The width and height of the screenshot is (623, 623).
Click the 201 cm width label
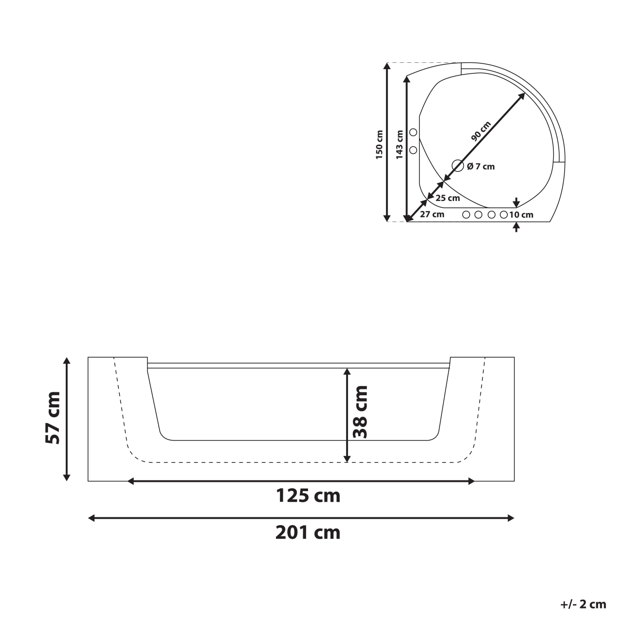tap(308, 532)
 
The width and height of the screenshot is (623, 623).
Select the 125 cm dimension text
tap(308, 496)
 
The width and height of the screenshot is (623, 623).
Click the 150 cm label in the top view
tap(380, 145)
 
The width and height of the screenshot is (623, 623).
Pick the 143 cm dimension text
tap(399, 145)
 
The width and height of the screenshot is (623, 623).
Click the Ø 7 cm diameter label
tap(480, 166)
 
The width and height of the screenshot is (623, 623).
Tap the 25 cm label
tap(447, 198)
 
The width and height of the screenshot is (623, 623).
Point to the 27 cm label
tap(432, 214)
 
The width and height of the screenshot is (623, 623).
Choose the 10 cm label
tap(521, 215)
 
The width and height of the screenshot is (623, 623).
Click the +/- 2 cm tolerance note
tap(583, 605)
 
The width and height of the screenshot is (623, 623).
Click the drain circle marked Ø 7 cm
tap(457, 166)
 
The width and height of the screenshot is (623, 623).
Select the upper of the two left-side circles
tap(414, 132)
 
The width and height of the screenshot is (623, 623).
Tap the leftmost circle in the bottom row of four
tap(466, 214)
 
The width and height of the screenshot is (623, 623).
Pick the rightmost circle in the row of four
tap(504, 214)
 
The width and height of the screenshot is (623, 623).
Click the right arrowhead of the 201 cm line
tap(511, 518)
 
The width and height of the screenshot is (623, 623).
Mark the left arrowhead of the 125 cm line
tap(130, 481)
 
